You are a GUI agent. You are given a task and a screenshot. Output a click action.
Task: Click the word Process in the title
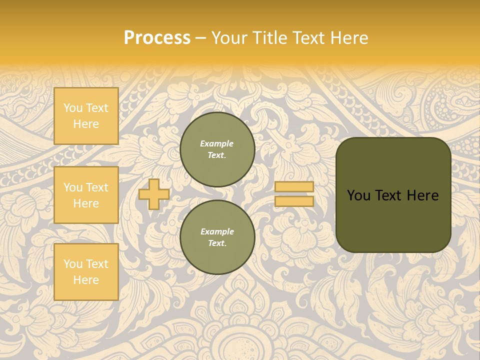click(x=157, y=38)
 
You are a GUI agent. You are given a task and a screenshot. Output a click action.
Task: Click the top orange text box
click(x=86, y=116)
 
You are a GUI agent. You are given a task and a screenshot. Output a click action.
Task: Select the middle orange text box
click(x=86, y=195)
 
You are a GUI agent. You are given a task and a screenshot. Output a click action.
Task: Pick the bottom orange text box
click(x=86, y=272)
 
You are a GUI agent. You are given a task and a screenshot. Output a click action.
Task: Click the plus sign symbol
click(x=154, y=194)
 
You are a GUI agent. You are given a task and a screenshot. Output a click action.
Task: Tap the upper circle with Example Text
click(x=217, y=149)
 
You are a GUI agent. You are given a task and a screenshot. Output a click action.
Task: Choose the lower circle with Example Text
click(x=217, y=237)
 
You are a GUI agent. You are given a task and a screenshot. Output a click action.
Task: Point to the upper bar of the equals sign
click(x=294, y=187)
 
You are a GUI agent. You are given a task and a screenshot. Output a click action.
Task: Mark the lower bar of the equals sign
click(x=294, y=201)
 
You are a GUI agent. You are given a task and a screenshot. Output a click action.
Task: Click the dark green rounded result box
click(x=393, y=220)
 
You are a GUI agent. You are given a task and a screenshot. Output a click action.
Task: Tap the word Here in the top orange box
click(x=86, y=124)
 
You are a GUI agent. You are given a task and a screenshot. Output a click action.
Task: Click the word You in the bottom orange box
click(x=73, y=264)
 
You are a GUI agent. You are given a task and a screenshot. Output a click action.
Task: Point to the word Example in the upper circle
click(x=217, y=143)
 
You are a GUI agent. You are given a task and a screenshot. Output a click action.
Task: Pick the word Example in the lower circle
click(x=217, y=231)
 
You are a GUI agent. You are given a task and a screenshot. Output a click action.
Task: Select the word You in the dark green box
click(x=358, y=195)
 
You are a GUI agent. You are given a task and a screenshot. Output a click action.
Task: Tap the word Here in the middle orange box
click(x=86, y=203)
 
